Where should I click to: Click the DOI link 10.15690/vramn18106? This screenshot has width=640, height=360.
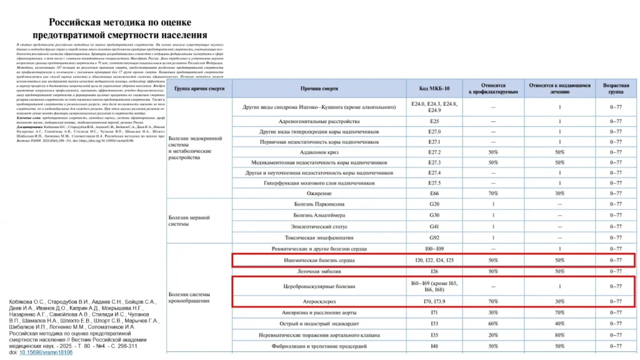46,352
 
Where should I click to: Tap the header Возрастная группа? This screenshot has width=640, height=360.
615,88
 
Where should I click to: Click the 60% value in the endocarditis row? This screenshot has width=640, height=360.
493,323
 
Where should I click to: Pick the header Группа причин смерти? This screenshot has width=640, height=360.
199,88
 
